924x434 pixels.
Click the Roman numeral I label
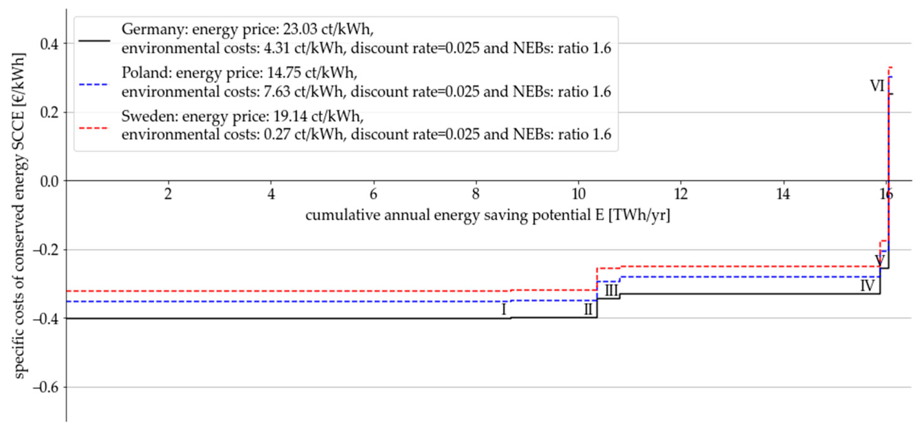(x=504, y=309)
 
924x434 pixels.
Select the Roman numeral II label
(x=588, y=309)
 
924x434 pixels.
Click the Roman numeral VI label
(x=877, y=86)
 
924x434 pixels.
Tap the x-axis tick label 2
(x=168, y=195)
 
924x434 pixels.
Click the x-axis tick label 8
(x=476, y=195)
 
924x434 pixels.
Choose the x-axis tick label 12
(x=681, y=195)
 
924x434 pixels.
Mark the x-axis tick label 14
(x=783, y=195)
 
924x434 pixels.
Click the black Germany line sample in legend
(x=94, y=40)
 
